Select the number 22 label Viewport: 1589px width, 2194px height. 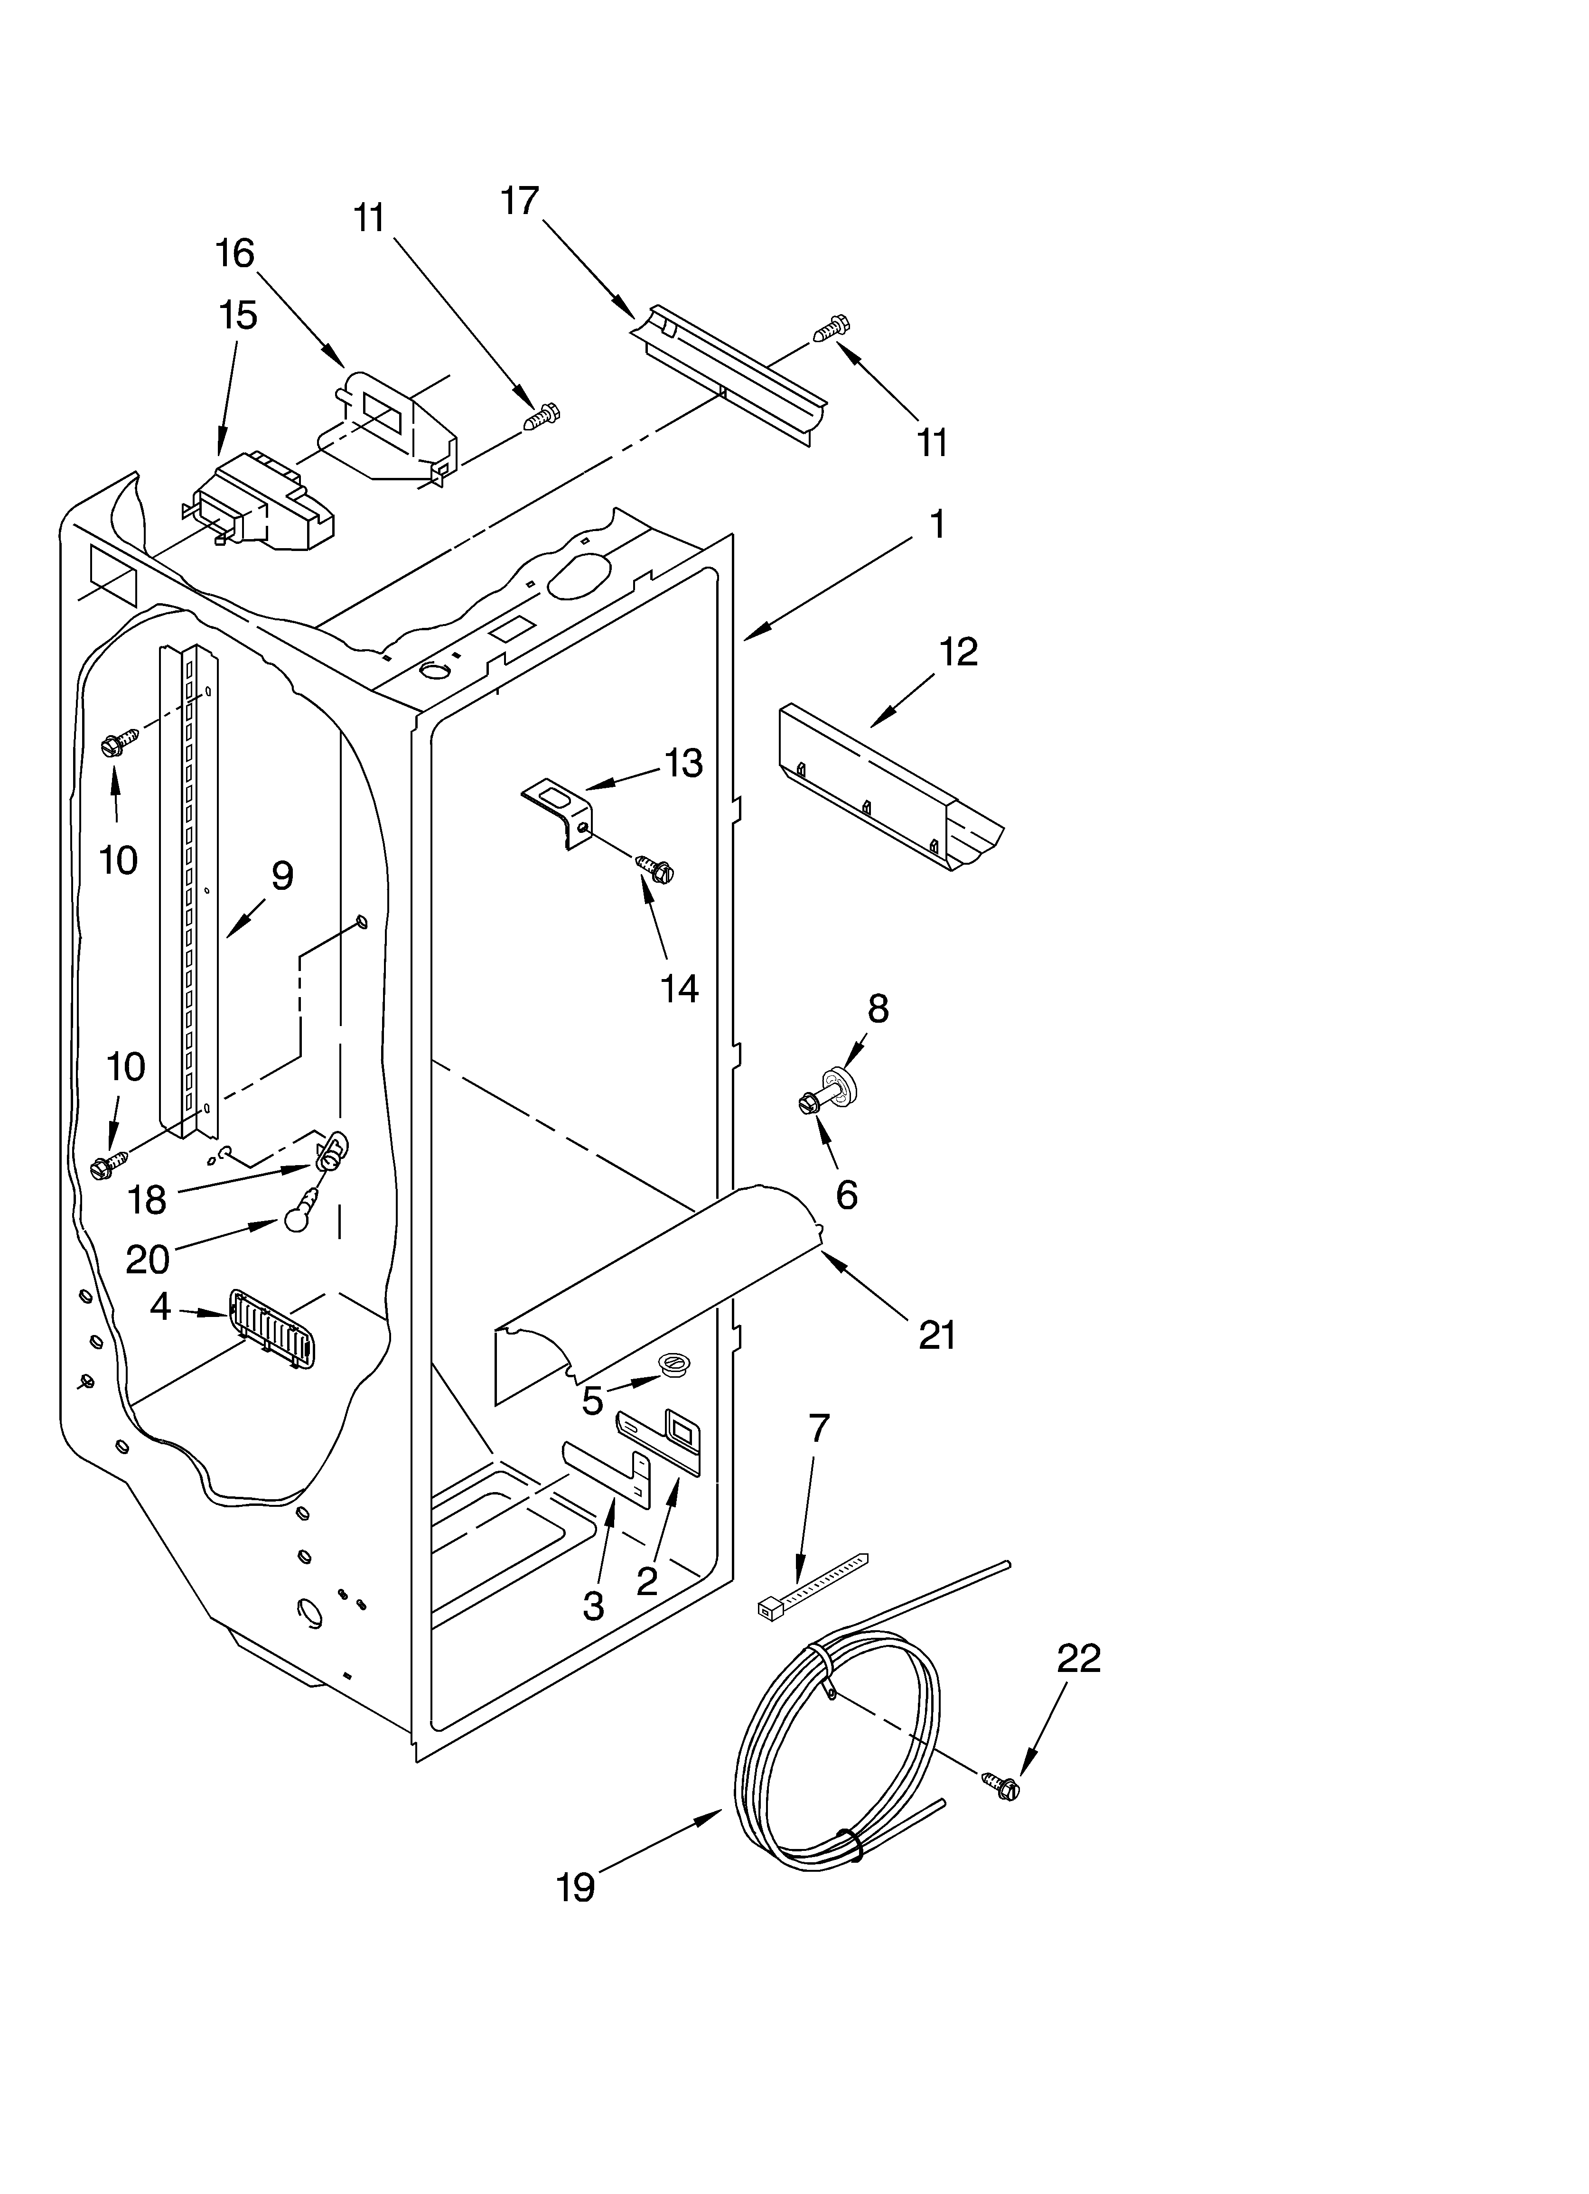click(1078, 1659)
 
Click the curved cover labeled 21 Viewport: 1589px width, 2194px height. click(658, 1287)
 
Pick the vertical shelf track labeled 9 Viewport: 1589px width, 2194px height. click(189, 890)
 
